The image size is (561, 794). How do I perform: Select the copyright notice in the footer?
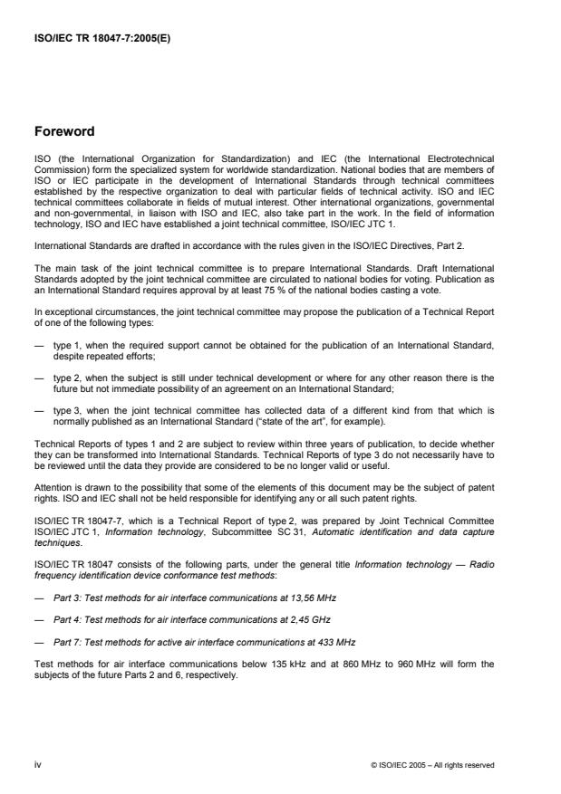432,765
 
